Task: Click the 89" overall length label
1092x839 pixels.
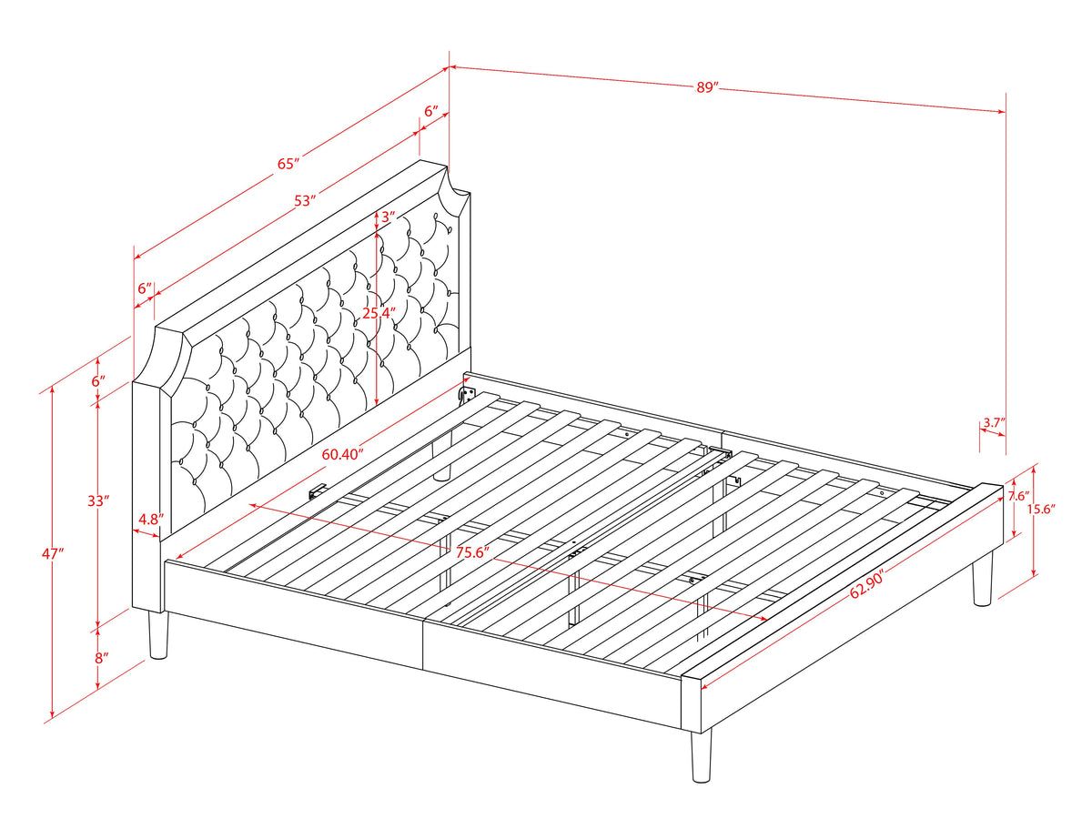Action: pos(705,87)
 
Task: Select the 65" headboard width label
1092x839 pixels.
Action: pos(288,164)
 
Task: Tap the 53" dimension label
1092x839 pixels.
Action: pos(306,199)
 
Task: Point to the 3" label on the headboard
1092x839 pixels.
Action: pos(387,217)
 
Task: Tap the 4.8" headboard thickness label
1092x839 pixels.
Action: pos(150,520)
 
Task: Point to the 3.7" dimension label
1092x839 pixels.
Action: pos(993,422)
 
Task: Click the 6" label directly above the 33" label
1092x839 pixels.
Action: pos(98,381)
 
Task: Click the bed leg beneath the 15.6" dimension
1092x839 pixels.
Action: pos(981,582)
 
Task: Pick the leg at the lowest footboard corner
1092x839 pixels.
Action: pos(700,756)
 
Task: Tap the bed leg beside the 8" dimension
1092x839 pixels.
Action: pos(158,634)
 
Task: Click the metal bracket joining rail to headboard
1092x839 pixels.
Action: pos(469,394)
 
